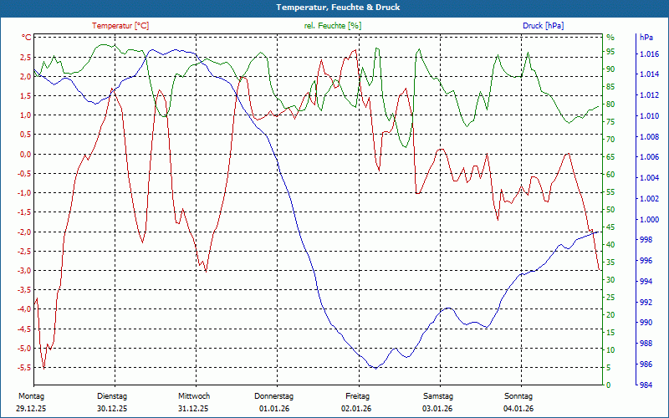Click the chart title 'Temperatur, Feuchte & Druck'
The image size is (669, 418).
tap(334, 7)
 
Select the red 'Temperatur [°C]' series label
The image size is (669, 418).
tap(120, 26)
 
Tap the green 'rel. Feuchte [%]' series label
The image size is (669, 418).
tap(333, 26)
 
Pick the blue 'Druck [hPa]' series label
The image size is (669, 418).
tap(543, 26)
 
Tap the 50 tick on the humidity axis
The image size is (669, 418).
tap(610, 210)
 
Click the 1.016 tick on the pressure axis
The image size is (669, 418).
tap(647, 54)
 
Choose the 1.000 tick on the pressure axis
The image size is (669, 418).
tap(647, 220)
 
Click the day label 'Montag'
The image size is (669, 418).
tap(31, 396)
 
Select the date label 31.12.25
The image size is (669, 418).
tap(193, 409)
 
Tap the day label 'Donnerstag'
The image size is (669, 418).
tap(274, 396)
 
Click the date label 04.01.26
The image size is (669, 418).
tap(518, 409)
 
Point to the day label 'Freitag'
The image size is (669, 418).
tap(357, 396)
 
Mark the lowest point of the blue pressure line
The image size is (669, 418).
tap(376, 368)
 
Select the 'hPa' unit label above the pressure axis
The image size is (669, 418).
tap(646, 38)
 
